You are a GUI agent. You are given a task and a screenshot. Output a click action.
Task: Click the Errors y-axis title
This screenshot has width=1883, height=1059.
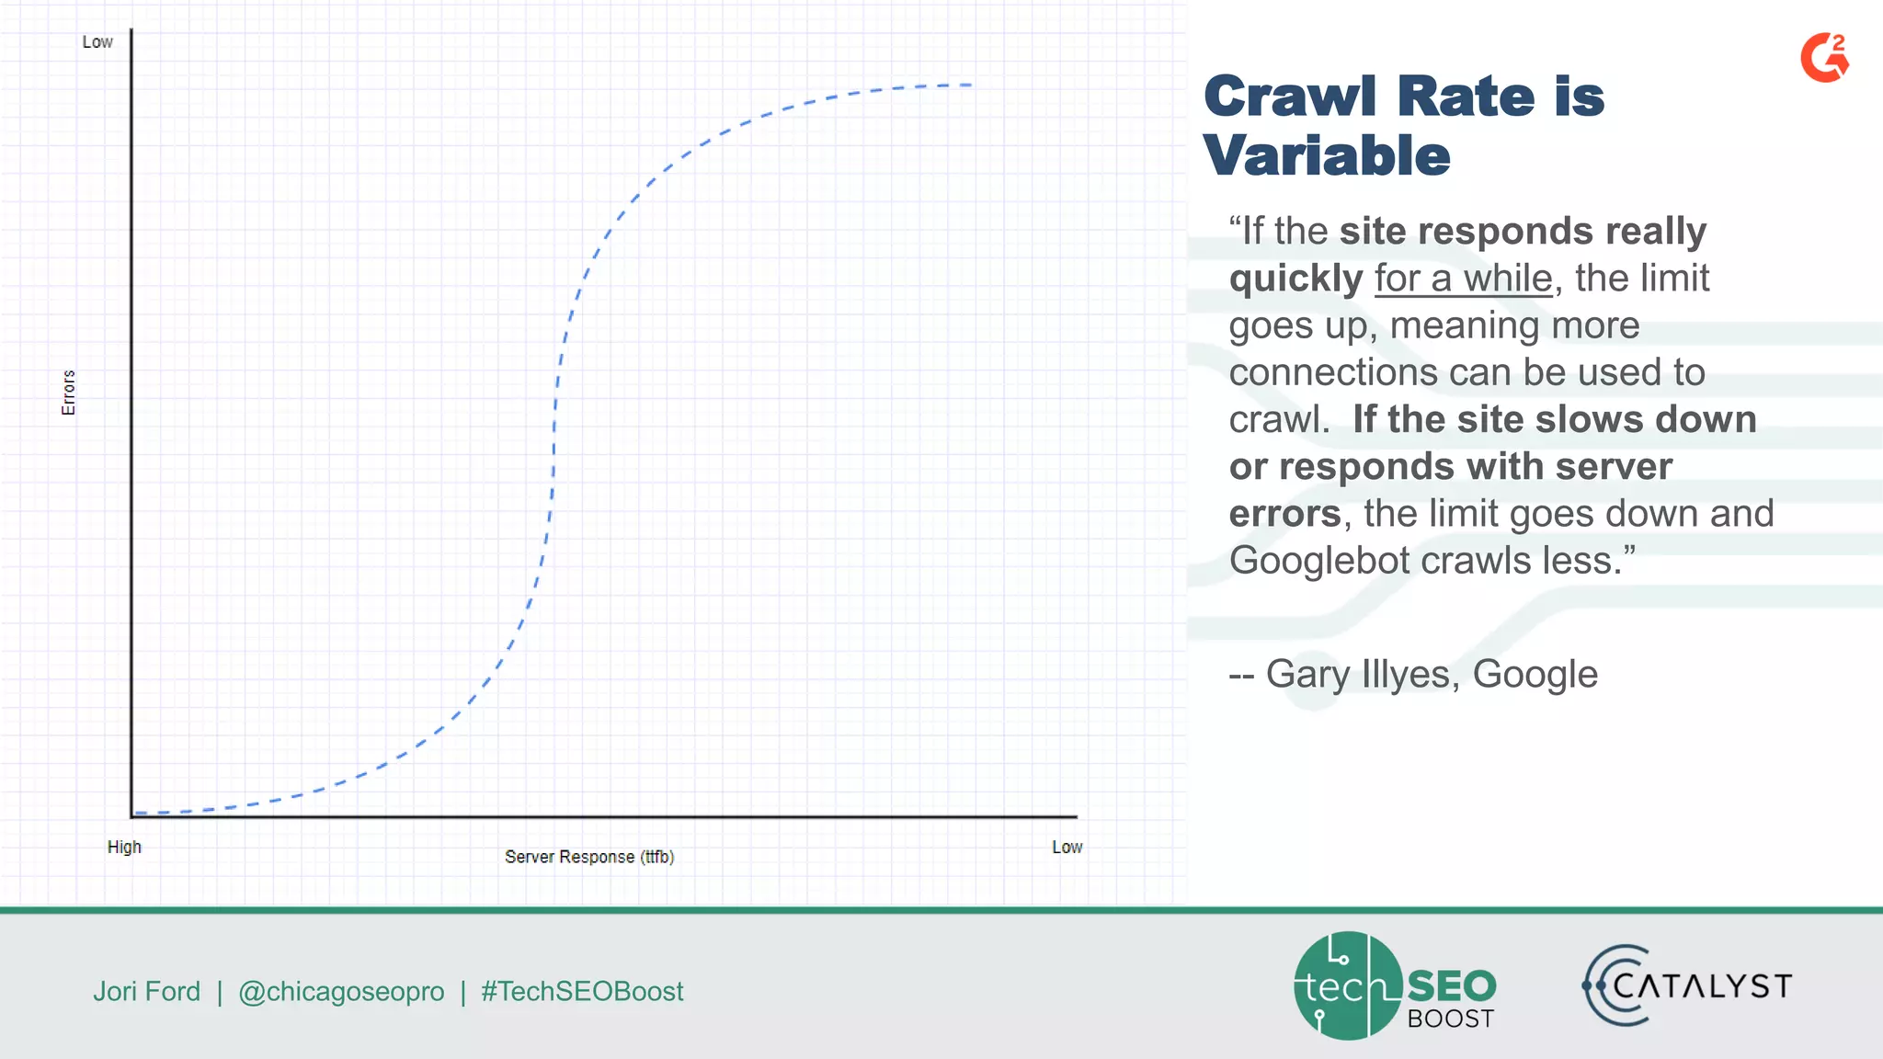click(x=68, y=393)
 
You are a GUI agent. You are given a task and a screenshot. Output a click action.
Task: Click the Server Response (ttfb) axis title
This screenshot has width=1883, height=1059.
click(x=589, y=857)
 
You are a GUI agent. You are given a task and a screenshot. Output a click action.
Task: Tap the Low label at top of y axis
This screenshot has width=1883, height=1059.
click(x=97, y=42)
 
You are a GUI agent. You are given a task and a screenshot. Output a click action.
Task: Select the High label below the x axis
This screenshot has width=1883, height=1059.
click(x=124, y=847)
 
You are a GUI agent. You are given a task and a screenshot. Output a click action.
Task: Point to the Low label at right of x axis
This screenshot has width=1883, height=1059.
click(x=1067, y=847)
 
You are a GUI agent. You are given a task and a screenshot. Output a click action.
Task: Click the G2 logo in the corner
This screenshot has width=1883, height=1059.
click(x=1824, y=58)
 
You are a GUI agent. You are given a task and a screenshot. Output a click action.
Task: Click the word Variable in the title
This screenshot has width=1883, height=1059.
click(x=1326, y=155)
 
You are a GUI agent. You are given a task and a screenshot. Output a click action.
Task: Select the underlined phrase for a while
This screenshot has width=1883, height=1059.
click(x=1463, y=279)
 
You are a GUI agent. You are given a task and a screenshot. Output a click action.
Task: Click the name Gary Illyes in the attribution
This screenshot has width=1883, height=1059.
click(x=1359, y=674)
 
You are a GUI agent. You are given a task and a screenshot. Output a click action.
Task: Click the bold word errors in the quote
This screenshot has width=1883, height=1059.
click(x=1284, y=514)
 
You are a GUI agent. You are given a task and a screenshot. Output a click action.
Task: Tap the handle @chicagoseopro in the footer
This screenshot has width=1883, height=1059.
click(x=341, y=991)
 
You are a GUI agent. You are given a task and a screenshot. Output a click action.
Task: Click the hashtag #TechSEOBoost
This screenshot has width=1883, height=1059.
click(x=582, y=991)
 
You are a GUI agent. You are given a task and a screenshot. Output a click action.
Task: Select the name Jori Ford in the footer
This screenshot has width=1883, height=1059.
click(x=147, y=991)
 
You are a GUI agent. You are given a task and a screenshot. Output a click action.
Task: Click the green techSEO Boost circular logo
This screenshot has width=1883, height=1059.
click(x=1348, y=985)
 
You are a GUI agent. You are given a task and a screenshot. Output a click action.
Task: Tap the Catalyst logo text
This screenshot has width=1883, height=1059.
click(x=1701, y=986)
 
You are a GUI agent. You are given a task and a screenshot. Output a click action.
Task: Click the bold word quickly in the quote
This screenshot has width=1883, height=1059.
click(x=1295, y=279)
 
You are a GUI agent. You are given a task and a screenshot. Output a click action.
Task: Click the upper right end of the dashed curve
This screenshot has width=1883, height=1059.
click(x=970, y=85)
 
